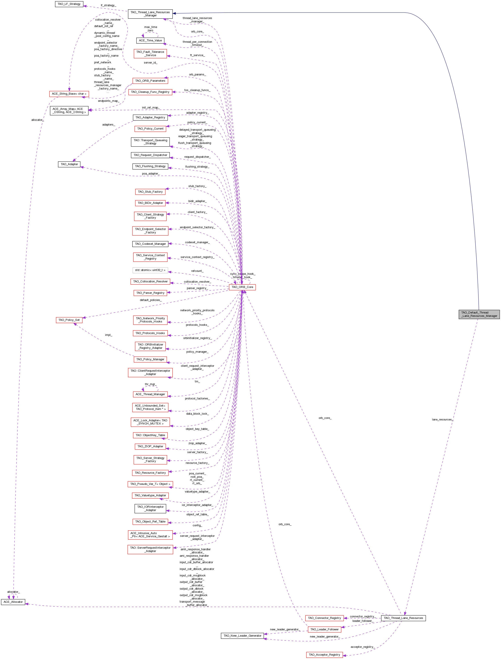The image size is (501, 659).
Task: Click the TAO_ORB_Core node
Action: [x=242, y=287]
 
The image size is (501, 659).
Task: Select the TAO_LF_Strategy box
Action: [x=69, y=4]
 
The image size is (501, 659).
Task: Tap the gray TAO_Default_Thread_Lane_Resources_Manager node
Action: [x=479, y=314]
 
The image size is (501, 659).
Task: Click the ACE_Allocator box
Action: [x=13, y=602]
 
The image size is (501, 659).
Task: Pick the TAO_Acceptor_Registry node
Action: [x=324, y=655]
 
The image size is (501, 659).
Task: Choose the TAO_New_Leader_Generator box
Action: [x=243, y=636]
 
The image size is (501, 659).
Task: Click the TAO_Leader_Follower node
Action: [x=324, y=629]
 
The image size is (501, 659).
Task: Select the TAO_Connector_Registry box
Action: [x=324, y=618]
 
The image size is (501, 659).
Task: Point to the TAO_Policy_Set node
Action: [x=69, y=320]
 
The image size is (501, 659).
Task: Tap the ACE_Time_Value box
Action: [x=150, y=41]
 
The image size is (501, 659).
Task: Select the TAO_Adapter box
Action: [x=69, y=164]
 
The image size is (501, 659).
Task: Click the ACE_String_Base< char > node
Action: [x=69, y=94]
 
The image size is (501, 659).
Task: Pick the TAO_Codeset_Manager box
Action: [x=150, y=244]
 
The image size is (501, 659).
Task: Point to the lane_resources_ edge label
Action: [x=442, y=420]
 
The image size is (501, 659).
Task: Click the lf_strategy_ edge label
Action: [x=108, y=5]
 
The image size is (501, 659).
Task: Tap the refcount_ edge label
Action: [x=197, y=271]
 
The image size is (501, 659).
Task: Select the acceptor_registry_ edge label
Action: [x=362, y=647]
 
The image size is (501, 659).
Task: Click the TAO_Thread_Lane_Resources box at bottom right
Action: [x=403, y=618]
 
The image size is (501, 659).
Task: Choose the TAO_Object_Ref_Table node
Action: [x=150, y=522]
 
